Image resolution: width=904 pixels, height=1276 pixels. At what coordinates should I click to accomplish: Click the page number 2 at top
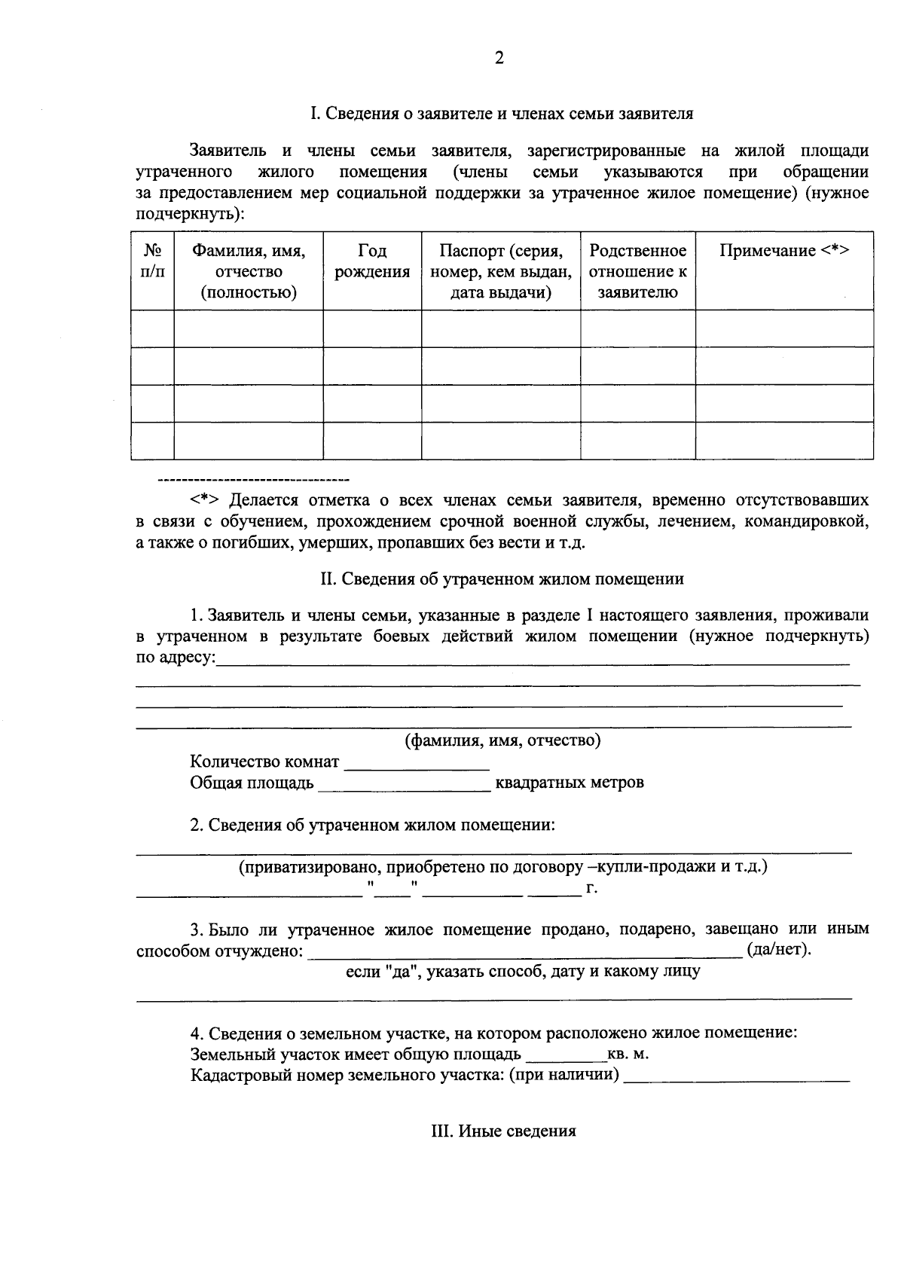pyautogui.click(x=499, y=59)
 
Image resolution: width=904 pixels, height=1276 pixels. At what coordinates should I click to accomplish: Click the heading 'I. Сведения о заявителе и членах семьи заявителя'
pyautogui.click(x=502, y=114)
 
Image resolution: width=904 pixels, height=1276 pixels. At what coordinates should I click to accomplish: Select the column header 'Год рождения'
pyautogui.click(x=372, y=261)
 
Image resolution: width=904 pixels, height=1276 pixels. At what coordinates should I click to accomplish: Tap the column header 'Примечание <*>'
pyautogui.click(x=784, y=251)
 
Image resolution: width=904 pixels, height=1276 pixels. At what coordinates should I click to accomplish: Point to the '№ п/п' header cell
pyautogui.click(x=153, y=261)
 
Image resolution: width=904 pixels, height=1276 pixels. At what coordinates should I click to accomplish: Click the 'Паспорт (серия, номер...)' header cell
pyautogui.click(x=501, y=271)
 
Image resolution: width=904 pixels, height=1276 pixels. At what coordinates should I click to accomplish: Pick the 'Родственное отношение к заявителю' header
pyautogui.click(x=637, y=271)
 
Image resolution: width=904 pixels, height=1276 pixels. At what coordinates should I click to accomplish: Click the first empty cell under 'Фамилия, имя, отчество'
pyautogui.click(x=249, y=328)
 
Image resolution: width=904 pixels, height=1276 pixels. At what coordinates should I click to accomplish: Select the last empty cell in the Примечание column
pyautogui.click(x=784, y=441)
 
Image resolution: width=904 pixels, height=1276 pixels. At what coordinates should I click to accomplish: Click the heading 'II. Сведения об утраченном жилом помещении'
pyautogui.click(x=502, y=578)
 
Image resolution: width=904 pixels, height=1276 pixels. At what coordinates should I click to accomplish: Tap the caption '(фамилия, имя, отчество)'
pyautogui.click(x=502, y=740)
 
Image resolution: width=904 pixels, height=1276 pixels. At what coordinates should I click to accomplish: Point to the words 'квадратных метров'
pyautogui.click(x=570, y=782)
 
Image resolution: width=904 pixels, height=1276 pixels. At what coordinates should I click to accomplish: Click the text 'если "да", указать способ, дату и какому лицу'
pyautogui.click(x=522, y=971)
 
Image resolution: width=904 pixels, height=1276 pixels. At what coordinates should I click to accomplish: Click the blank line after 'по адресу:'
pyautogui.click(x=532, y=660)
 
